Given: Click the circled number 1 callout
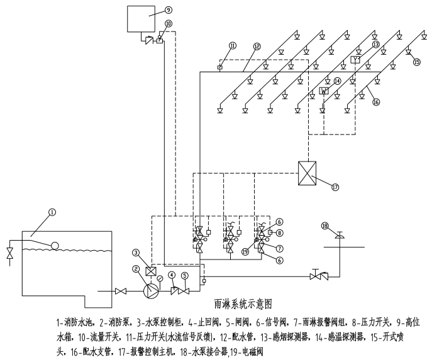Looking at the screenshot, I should (52, 212).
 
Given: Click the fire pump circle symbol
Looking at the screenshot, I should (152, 290).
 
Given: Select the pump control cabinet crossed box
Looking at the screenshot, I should (152, 272).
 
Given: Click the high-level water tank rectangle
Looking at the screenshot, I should (141, 19).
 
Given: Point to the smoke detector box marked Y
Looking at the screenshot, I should (356, 60).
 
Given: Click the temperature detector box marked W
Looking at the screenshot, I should (324, 90).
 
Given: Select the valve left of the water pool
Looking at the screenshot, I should (9, 254).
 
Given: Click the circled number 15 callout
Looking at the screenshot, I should (416, 62).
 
